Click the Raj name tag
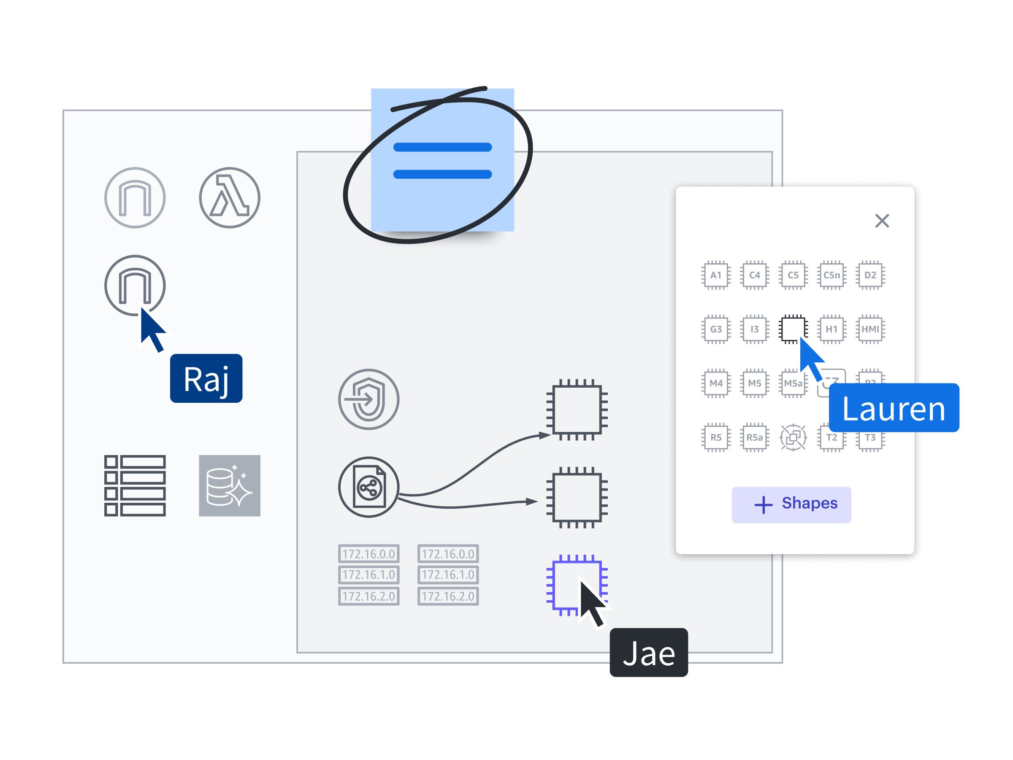pyautogui.click(x=206, y=378)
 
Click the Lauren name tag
pyautogui.click(x=894, y=408)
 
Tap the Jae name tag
pyautogui.click(x=648, y=652)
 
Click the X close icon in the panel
pyautogui.click(x=882, y=221)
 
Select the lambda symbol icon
pyautogui.click(x=230, y=198)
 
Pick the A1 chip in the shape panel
pyautogui.click(x=716, y=275)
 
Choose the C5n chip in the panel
pyautogui.click(x=832, y=275)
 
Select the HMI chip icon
pyautogui.click(x=870, y=329)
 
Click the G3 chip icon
pyautogui.click(x=716, y=329)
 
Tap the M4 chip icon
pyautogui.click(x=716, y=383)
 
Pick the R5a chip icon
pyautogui.click(x=754, y=437)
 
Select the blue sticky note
pyautogui.click(x=442, y=160)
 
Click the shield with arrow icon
pyautogui.click(x=368, y=399)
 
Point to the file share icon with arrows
pyautogui.click(x=368, y=487)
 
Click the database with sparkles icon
pyautogui.click(x=230, y=485)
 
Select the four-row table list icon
pyautogui.click(x=135, y=485)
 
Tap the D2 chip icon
pyautogui.click(x=870, y=275)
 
